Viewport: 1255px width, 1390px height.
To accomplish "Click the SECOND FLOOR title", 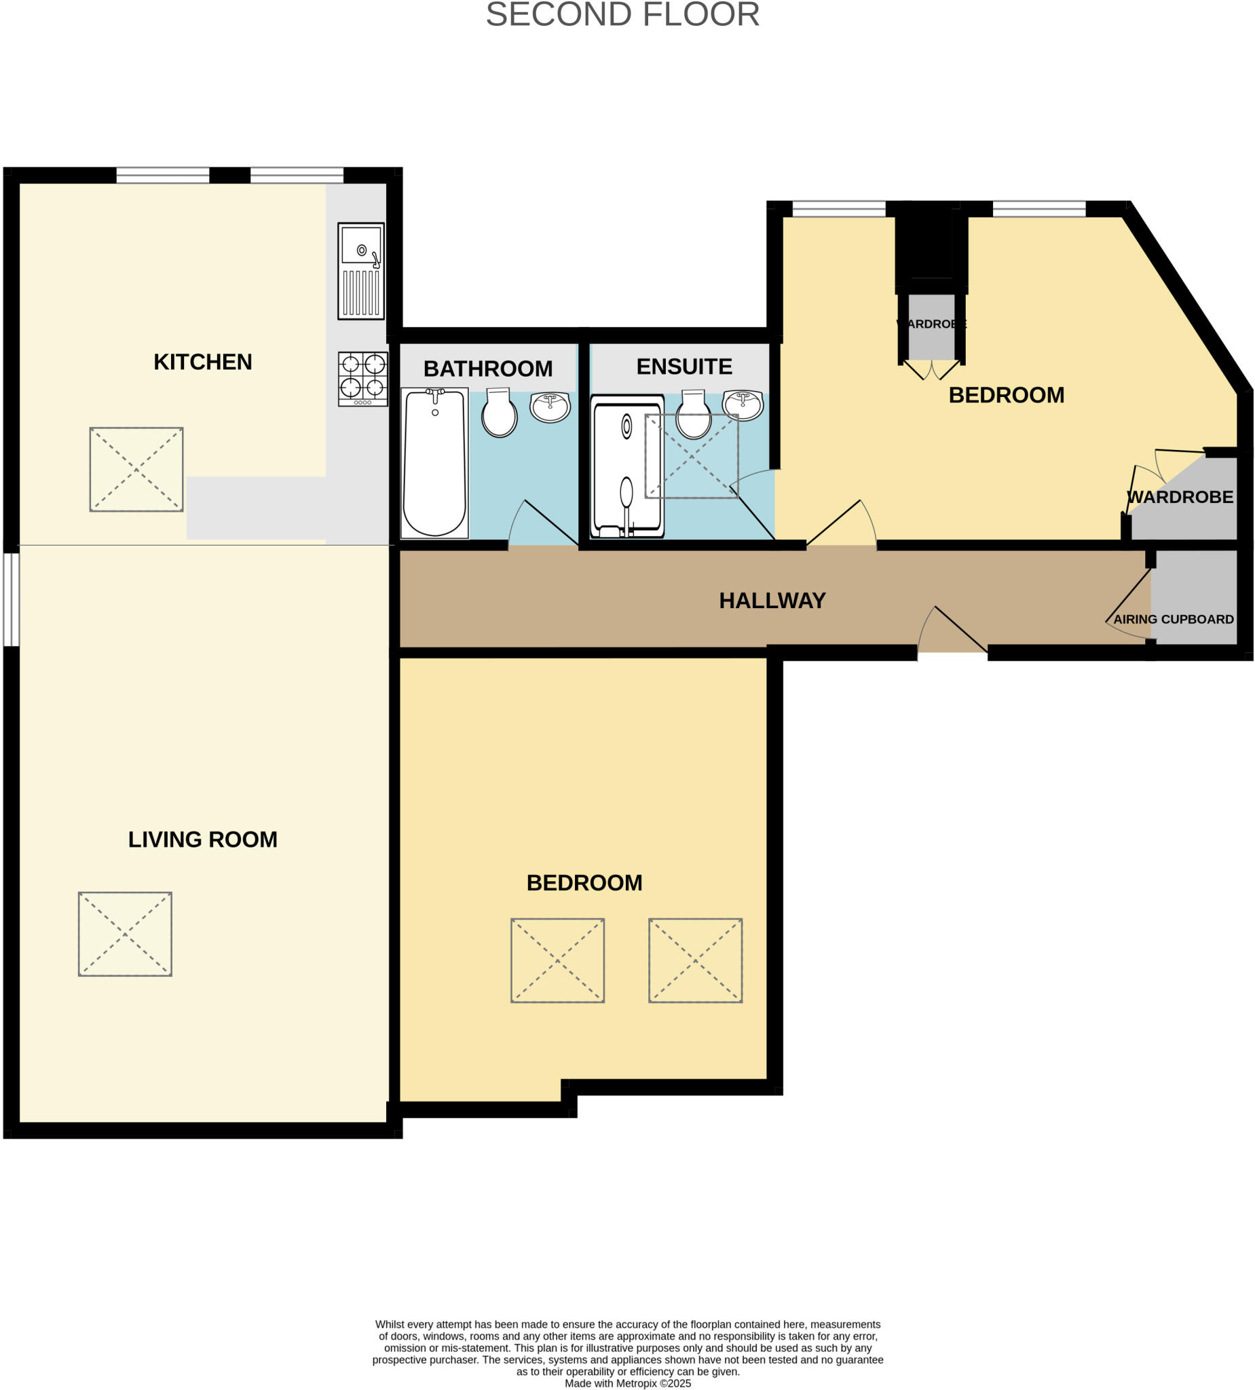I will (622, 15).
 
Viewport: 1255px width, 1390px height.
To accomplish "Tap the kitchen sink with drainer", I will (360, 271).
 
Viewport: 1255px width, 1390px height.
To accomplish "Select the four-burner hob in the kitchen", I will (362, 379).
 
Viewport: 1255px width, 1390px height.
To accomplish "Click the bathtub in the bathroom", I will (434, 463).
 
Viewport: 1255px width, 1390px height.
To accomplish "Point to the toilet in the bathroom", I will (500, 414).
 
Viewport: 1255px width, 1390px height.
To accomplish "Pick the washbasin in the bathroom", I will (550, 407).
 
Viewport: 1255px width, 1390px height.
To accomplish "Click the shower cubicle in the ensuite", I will (626, 467).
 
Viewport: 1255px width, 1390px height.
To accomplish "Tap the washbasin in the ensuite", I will (743, 405).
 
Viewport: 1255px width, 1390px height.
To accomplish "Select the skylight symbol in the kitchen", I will (136, 470).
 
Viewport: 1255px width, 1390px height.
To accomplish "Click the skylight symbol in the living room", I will (125, 933).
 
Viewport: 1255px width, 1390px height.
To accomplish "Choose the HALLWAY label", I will (772, 601).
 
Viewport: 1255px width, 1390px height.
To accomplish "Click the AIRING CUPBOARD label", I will (1173, 619).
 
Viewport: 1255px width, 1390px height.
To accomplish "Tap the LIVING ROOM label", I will (203, 839).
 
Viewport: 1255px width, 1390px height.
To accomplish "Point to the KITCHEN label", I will (203, 362).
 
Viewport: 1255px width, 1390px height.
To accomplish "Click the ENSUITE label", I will (684, 367).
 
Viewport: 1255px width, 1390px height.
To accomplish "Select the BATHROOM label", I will (487, 369).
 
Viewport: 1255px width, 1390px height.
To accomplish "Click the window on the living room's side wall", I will (11, 599).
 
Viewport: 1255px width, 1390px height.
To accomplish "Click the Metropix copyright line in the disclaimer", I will (627, 1383).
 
